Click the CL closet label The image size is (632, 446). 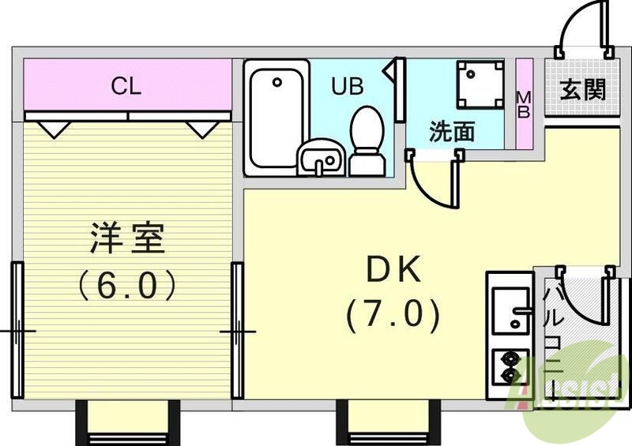click(x=126, y=87)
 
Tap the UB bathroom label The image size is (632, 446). click(x=347, y=86)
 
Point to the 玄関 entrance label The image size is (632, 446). click(x=583, y=89)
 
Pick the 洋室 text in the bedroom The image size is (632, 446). click(x=127, y=238)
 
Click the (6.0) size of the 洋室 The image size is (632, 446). click(x=127, y=285)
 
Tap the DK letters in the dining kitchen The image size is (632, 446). click(x=392, y=271)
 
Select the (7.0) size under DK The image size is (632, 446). click(x=393, y=316)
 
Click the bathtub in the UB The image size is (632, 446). click(x=275, y=118)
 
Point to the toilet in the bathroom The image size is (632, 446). click(x=367, y=141)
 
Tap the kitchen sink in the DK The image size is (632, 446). click(x=510, y=310)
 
